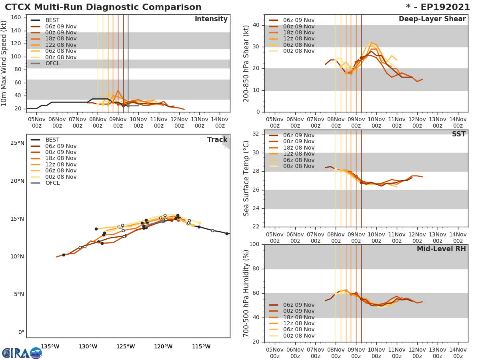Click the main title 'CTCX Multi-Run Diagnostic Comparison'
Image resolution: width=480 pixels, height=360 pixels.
tap(103, 7)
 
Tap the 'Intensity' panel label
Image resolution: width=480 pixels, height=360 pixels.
tap(211, 19)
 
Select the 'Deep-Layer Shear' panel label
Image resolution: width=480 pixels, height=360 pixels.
tap(432, 19)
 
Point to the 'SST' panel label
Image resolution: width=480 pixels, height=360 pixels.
tap(459, 134)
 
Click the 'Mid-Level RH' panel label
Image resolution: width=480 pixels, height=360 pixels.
tap(441, 249)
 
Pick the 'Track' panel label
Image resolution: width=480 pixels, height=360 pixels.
tap(217, 140)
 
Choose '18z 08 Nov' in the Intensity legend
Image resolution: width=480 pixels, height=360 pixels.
tap(60, 39)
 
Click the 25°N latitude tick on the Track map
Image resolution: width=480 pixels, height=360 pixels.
tap(17, 143)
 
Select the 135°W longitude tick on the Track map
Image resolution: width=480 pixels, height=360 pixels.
tap(50, 346)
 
